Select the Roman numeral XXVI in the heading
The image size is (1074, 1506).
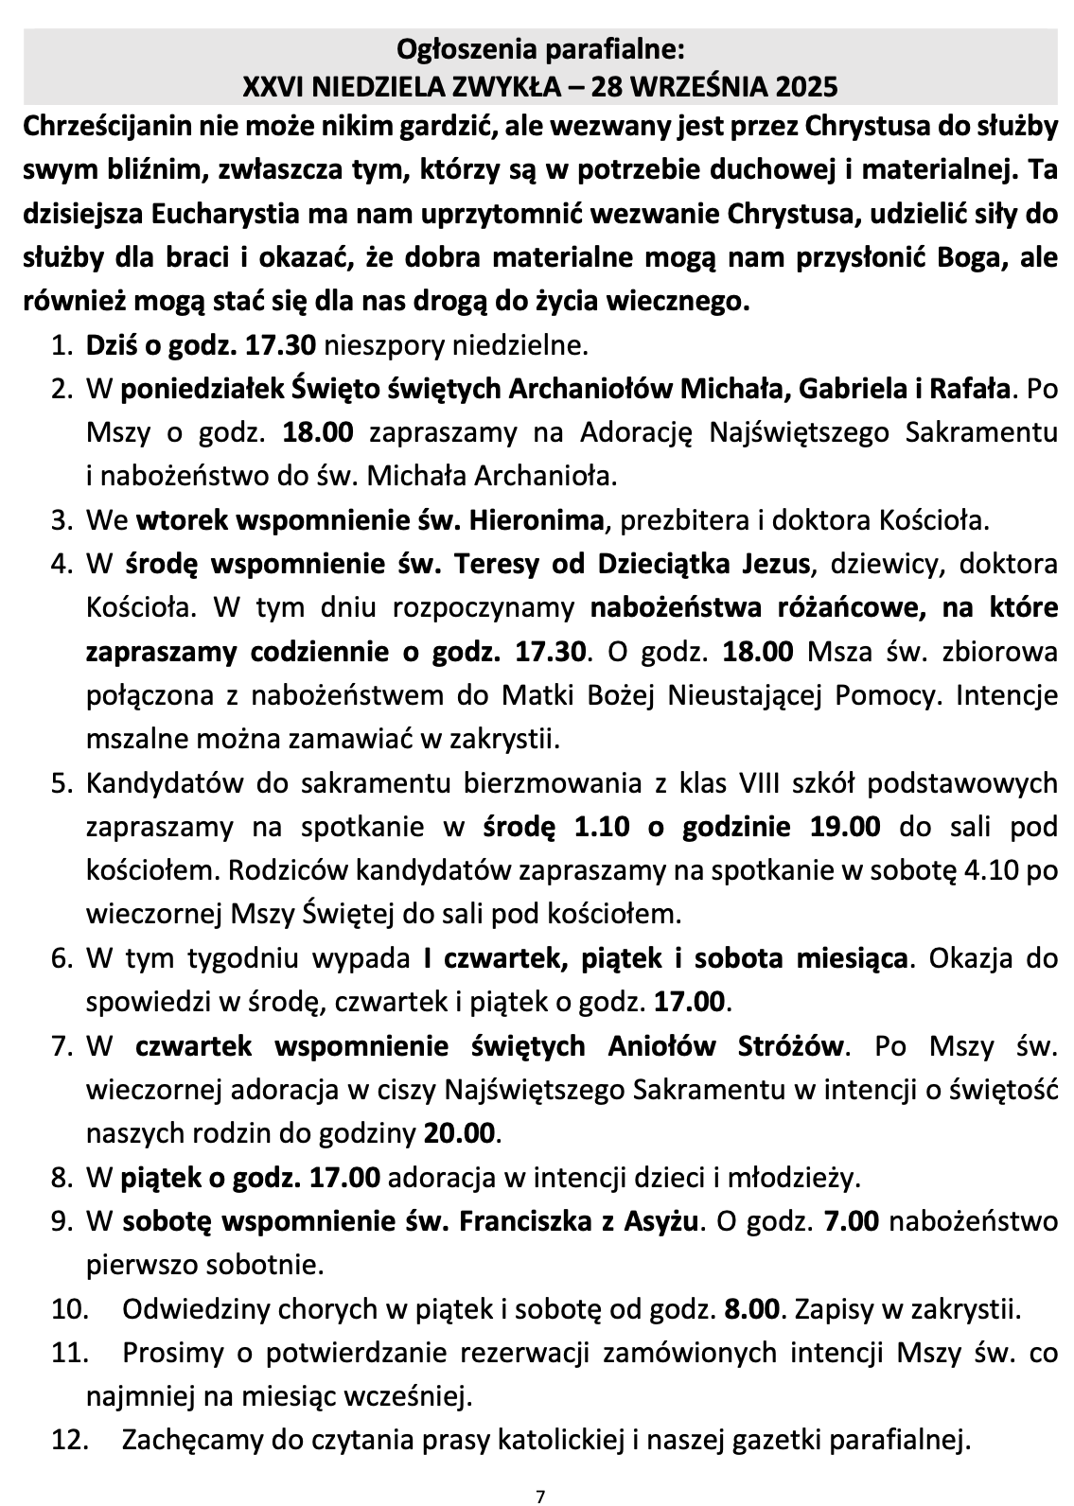click(270, 87)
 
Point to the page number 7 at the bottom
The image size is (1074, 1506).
click(539, 1496)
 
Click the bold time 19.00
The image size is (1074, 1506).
click(845, 827)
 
